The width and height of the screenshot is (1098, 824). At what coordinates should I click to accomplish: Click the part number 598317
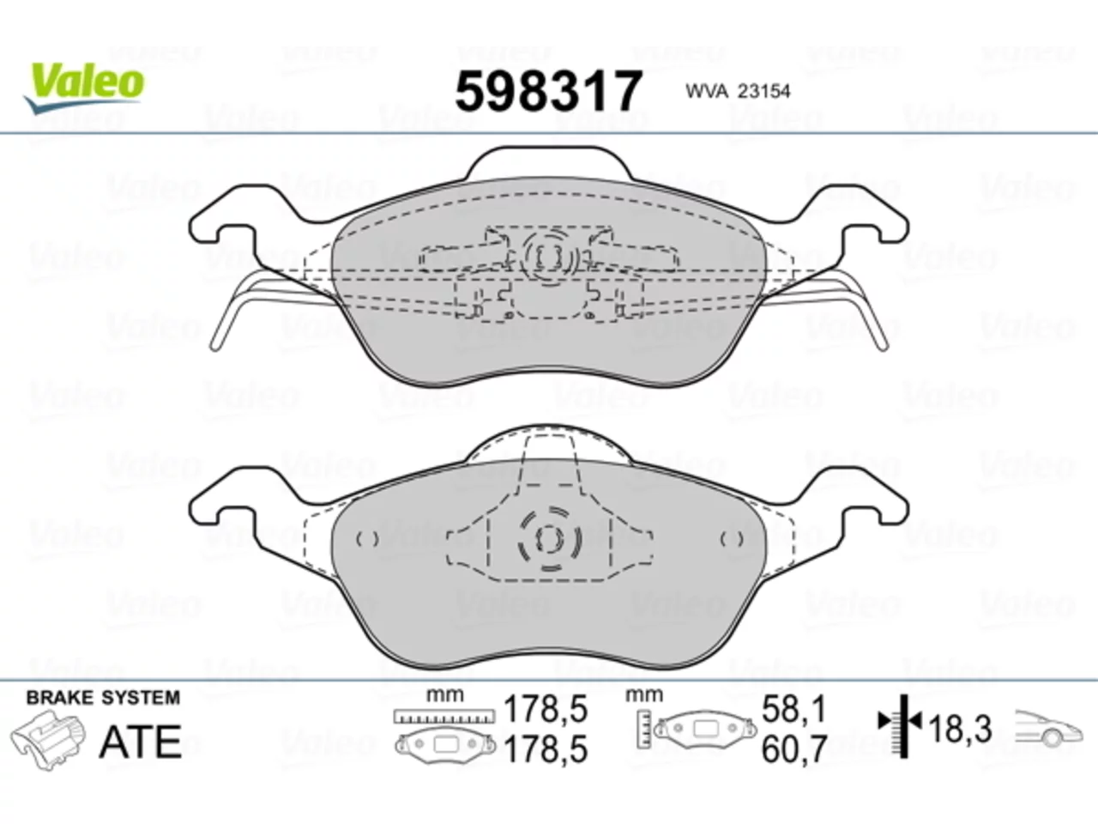(x=548, y=91)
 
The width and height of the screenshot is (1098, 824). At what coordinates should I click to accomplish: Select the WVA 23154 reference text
(x=738, y=92)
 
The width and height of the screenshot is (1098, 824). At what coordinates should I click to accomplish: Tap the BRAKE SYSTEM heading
(x=103, y=698)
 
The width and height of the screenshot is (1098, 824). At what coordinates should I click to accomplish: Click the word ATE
(x=141, y=742)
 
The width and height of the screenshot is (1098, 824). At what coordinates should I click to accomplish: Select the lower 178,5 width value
(x=546, y=749)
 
